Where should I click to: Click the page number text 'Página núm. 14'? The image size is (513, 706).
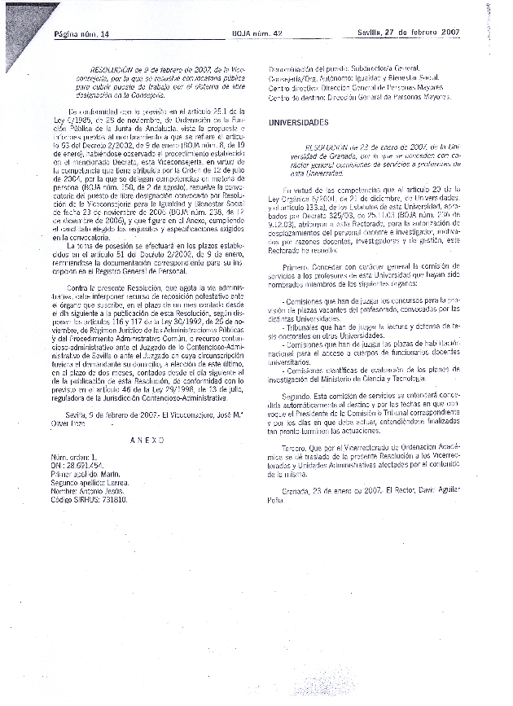(81, 33)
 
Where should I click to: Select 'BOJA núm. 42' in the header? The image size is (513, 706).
(255, 33)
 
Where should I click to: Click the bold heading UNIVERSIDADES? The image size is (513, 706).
(299, 122)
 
